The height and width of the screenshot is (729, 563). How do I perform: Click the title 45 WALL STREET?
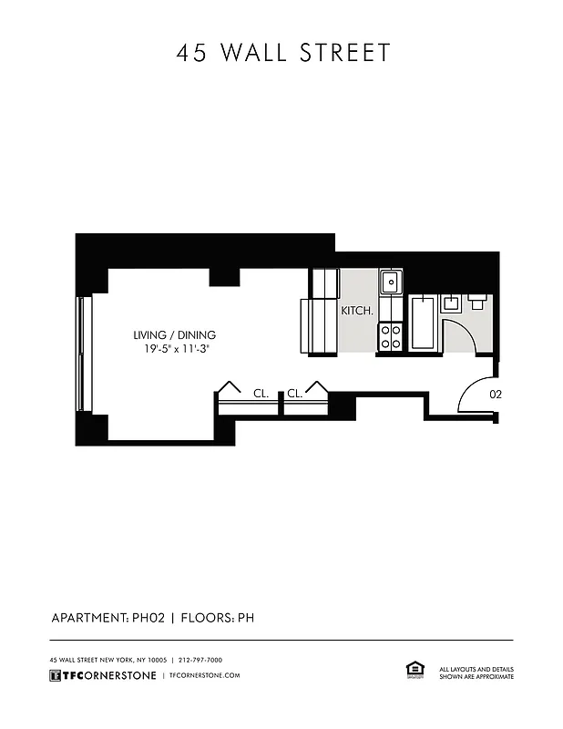pyautogui.click(x=282, y=53)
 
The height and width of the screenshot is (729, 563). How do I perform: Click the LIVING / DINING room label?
pyautogui.click(x=174, y=334)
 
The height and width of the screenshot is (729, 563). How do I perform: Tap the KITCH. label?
pyautogui.click(x=357, y=311)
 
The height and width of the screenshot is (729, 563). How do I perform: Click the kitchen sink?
pyautogui.click(x=391, y=282)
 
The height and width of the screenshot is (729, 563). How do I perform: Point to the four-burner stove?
pyautogui.click(x=391, y=337)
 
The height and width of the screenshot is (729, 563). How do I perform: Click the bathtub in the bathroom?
pyautogui.click(x=424, y=326)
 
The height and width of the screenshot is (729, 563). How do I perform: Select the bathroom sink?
pyautogui.click(x=452, y=303)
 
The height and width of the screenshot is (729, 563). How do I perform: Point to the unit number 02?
pyautogui.click(x=496, y=395)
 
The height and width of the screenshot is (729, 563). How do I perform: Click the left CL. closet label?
pyautogui.click(x=261, y=394)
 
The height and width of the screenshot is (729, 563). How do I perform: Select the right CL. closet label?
pyautogui.click(x=295, y=394)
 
